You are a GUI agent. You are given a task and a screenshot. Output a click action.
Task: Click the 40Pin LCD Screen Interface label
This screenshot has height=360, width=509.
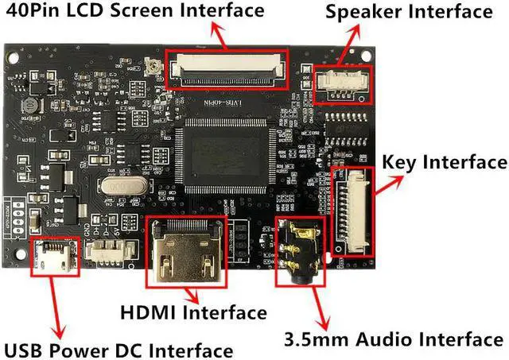click(134, 11)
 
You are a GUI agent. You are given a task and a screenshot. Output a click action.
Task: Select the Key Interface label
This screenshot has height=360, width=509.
click(444, 162)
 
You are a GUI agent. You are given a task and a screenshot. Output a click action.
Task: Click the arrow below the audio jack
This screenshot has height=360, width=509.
click(318, 305)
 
